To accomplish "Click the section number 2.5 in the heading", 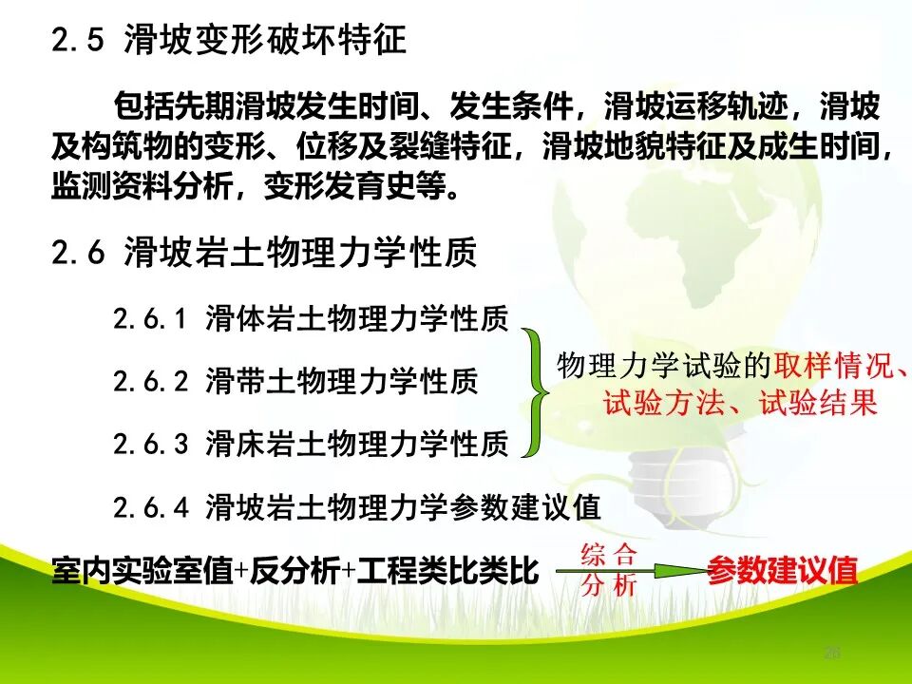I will click(x=80, y=41).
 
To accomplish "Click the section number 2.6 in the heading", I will click(x=80, y=254).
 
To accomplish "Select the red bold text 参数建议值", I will click(x=782, y=571).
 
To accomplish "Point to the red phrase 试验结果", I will click(x=817, y=404).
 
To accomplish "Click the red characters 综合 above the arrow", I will click(x=608, y=553).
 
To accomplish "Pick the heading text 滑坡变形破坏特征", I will click(x=265, y=41).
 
